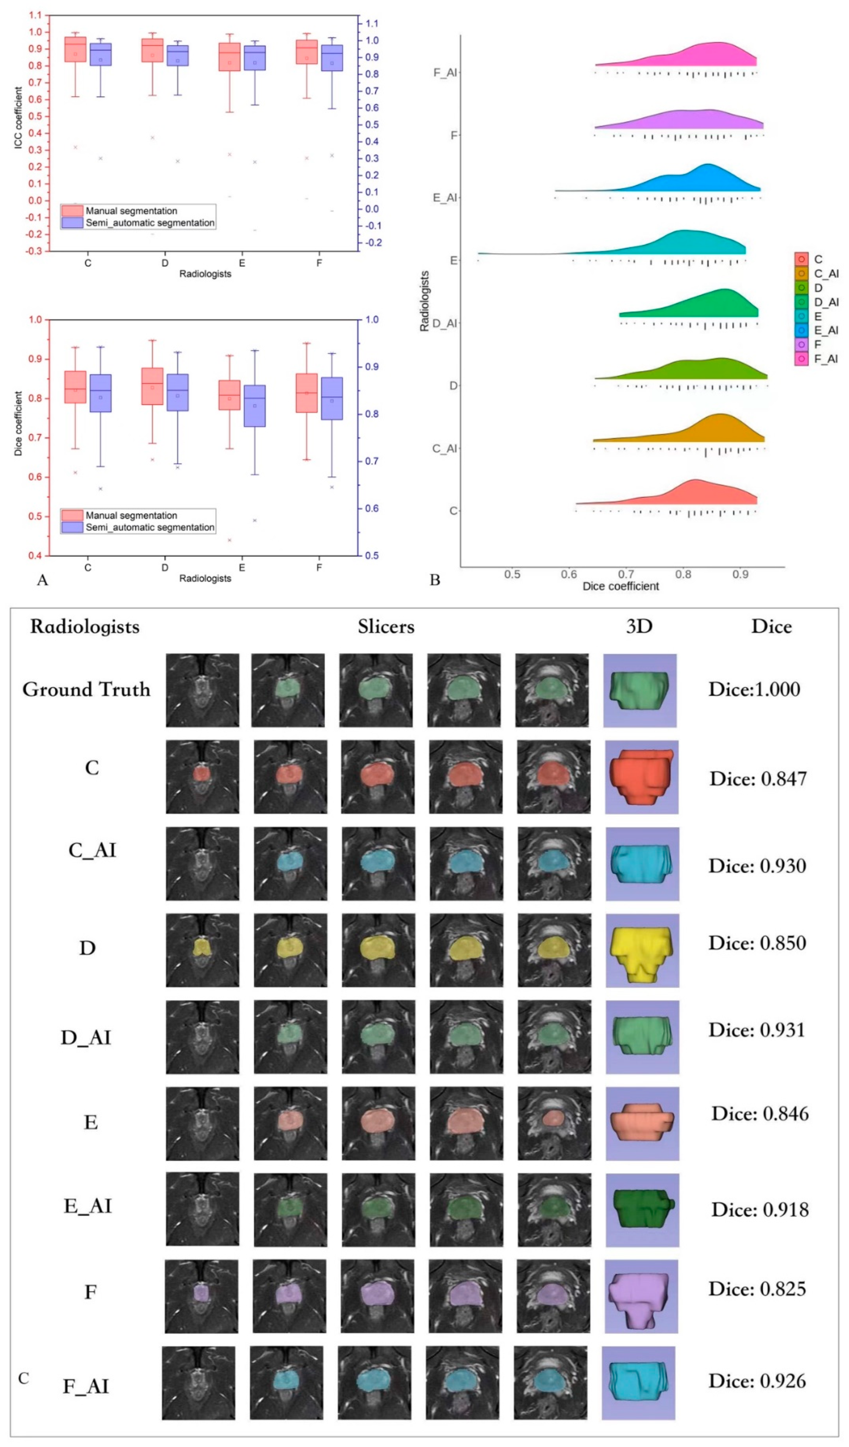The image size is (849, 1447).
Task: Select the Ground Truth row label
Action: [86, 689]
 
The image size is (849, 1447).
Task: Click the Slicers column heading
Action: [386, 626]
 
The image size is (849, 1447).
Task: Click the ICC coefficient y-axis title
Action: [18, 118]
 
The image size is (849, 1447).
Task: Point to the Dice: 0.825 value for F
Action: [757, 1289]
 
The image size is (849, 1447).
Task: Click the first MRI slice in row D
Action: [202, 950]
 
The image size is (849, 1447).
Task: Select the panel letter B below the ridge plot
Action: [435, 580]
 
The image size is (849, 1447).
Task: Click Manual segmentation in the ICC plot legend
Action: [131, 211]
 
